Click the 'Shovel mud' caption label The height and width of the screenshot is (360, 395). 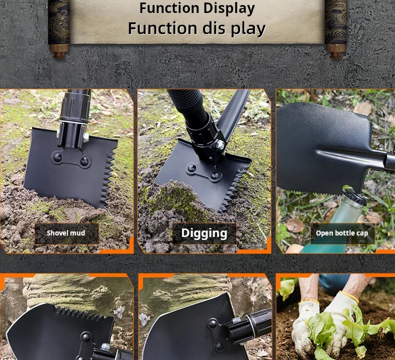click(x=66, y=233)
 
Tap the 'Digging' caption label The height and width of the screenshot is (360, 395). click(x=204, y=233)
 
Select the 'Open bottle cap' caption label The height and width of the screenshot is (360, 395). click(x=342, y=233)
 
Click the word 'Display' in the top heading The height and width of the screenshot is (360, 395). click(x=229, y=8)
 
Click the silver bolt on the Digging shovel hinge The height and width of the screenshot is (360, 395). click(x=220, y=144)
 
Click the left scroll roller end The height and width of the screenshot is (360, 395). click(x=59, y=51)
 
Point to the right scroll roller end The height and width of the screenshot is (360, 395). click(x=335, y=51)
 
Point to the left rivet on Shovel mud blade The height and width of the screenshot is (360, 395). click(x=57, y=157)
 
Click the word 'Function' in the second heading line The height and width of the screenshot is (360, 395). click(x=162, y=28)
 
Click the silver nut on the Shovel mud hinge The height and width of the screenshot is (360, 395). click(x=86, y=137)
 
